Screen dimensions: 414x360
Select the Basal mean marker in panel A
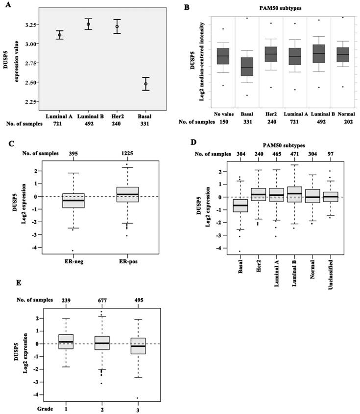(x=146, y=84)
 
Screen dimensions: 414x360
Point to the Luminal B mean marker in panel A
(x=88, y=24)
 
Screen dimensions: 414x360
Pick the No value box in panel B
(x=223, y=56)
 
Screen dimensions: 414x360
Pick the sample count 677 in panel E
(x=103, y=300)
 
